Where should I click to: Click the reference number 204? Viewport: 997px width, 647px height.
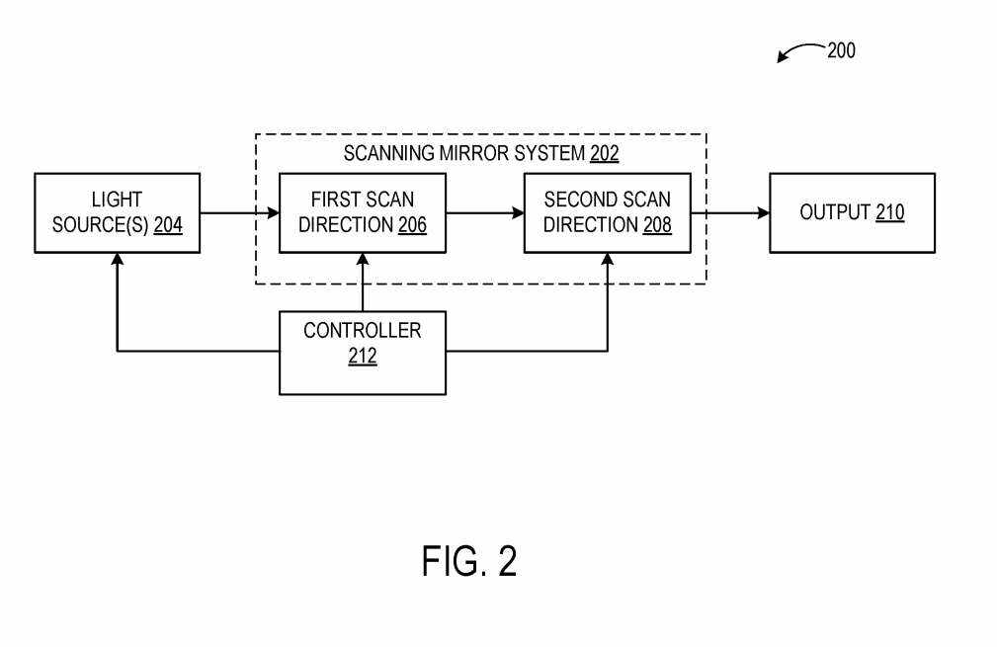pos(168,225)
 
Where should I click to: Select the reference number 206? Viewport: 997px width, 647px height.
pos(413,225)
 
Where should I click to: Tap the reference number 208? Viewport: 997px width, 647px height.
pos(657,225)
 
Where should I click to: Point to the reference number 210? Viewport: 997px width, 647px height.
pos(889,212)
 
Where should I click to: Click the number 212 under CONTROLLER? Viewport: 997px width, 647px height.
pos(362,357)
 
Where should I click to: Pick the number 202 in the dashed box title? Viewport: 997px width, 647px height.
pos(605,154)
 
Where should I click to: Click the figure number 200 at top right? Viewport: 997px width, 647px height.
pos(841,50)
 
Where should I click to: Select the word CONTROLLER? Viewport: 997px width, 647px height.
pos(362,331)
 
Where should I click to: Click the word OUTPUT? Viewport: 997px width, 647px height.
pos(835,212)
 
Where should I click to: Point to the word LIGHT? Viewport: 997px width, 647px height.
pos(117,201)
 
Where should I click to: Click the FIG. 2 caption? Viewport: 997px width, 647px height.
pos(469,561)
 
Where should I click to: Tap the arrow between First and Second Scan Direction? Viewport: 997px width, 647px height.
pos(484,212)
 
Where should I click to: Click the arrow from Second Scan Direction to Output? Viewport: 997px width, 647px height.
pos(730,212)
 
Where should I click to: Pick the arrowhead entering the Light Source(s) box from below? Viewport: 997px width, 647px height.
pos(118,260)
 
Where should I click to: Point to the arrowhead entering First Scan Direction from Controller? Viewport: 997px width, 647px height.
pos(363,260)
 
